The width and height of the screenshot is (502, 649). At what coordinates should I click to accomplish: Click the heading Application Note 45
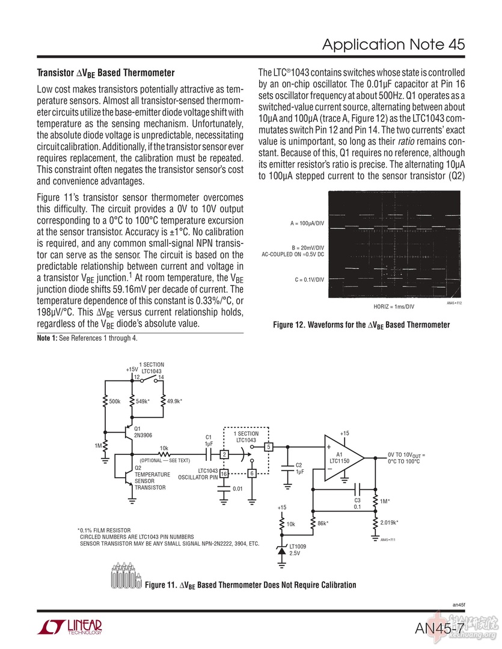[393, 44]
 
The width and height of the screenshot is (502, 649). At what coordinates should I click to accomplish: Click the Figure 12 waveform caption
[361, 325]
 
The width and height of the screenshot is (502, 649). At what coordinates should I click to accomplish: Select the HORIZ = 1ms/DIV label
[394, 306]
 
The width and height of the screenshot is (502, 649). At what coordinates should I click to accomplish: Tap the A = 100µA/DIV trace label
[307, 224]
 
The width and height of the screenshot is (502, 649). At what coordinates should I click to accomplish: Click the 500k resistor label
[115, 401]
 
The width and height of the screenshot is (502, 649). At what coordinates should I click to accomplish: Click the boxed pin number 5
[269, 446]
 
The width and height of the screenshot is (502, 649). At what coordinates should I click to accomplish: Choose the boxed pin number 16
[224, 474]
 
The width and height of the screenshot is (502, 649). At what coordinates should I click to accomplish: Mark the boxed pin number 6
[253, 474]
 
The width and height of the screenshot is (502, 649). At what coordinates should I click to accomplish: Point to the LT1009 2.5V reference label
[298, 549]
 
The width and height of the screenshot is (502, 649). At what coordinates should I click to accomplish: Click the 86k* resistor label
[323, 524]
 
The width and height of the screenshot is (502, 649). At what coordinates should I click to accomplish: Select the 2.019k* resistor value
[389, 522]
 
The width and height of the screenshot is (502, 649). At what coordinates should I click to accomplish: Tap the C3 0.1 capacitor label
[357, 503]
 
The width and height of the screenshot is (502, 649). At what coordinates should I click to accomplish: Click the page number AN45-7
[438, 629]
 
